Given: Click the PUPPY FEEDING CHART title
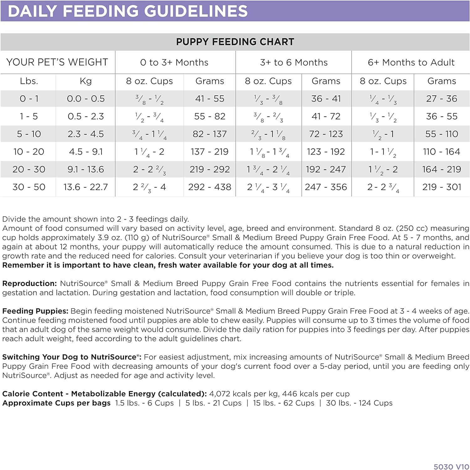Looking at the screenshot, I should [235, 42].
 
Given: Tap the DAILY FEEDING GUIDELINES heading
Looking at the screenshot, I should [128, 11].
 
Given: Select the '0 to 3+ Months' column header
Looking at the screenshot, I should [174, 62].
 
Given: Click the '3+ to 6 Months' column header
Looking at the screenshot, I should [294, 62].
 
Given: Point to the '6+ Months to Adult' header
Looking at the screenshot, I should [411, 62].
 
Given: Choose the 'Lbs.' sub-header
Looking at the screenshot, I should [29, 81].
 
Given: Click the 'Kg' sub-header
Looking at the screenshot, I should [86, 81].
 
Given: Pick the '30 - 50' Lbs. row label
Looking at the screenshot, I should [29, 187].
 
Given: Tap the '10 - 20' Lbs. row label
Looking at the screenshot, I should [29, 152].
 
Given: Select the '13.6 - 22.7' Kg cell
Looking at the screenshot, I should [86, 187].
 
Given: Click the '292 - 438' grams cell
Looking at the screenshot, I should [210, 187].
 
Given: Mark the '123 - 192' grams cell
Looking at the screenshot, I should [326, 152].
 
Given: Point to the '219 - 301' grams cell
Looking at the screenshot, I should [441, 187].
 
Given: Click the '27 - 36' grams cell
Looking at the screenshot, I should [441, 99].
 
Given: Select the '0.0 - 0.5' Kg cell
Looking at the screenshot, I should [86, 99].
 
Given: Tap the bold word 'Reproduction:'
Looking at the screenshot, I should [29, 284].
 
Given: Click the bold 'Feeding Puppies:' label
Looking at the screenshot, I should [35, 311].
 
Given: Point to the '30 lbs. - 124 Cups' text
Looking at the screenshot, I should [359, 403].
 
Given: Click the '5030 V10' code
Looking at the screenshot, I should [451, 467].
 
